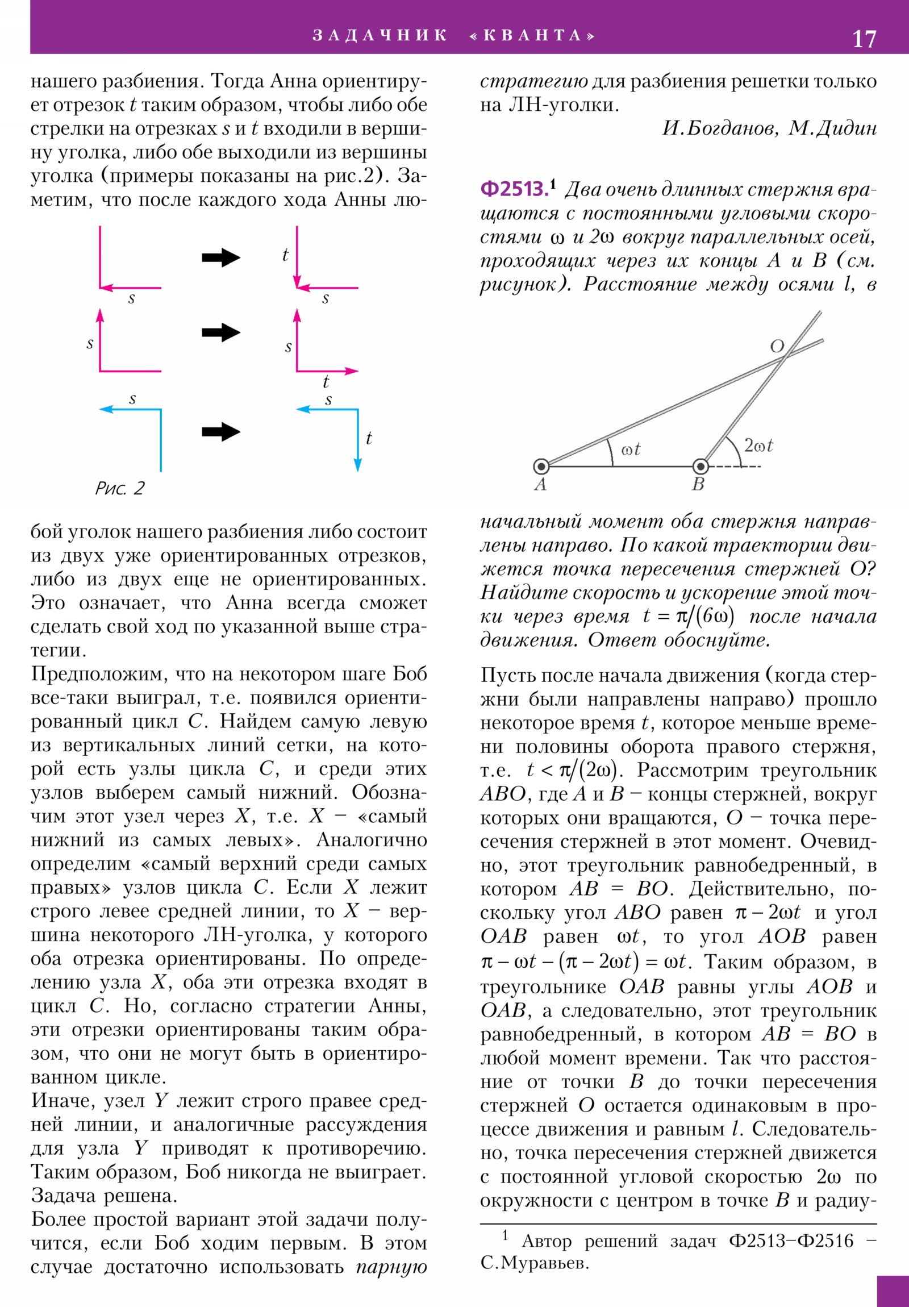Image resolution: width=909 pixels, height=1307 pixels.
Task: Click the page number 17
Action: pos(864,39)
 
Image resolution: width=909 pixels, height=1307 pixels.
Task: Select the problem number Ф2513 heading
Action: pos(514,189)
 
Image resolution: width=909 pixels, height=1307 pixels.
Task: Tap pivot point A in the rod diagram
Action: pos(541,467)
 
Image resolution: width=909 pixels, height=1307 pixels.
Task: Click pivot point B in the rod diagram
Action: pos(700,467)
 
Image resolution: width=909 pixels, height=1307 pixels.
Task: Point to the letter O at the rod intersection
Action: pos(777,346)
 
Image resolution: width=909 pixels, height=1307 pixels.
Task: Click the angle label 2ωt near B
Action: pos(758,446)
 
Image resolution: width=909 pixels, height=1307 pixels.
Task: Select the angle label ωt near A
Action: pos(631,449)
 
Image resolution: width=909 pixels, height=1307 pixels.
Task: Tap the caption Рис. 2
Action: pos(119,488)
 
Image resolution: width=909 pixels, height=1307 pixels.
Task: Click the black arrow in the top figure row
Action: pos(221,258)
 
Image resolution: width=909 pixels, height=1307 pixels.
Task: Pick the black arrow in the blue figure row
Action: pos(221,431)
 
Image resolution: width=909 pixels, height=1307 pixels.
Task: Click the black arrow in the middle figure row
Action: pos(221,332)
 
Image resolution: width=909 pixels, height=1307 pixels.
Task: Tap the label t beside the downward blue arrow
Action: pos(369,438)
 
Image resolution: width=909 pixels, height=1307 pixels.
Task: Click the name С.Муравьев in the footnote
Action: pos(535,1263)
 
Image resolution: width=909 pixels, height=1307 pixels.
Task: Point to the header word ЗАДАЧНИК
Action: pos(380,35)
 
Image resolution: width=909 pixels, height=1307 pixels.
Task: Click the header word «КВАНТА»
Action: pos(532,35)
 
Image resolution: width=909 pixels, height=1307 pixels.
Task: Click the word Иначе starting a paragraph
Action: pos(63,1101)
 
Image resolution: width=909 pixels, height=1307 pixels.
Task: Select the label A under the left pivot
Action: pos(540,484)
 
